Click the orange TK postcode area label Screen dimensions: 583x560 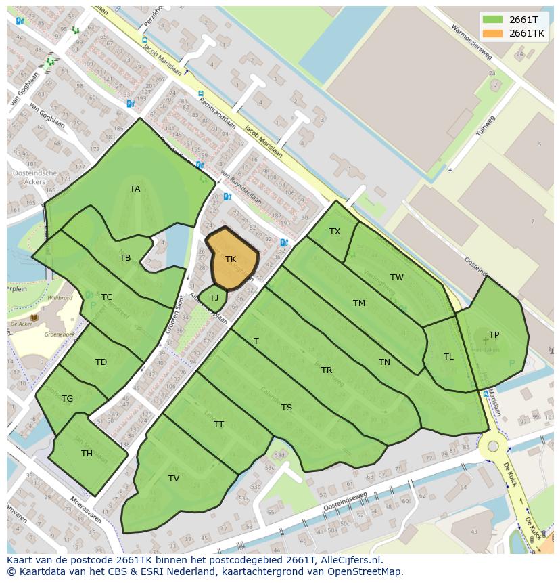tap(231, 259)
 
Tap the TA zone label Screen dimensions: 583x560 tap(135, 189)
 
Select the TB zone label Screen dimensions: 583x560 tap(125, 258)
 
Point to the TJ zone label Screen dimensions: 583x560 tap(214, 297)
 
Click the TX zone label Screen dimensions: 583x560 tap(335, 232)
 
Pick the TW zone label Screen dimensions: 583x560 tap(397, 278)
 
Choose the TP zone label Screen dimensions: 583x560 tap(494, 335)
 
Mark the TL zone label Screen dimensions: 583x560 tap(448, 357)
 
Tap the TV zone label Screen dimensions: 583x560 tap(174, 479)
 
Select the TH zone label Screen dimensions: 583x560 tap(87, 454)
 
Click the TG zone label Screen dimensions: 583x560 tap(67, 399)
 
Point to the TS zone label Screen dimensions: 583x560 tap(287, 408)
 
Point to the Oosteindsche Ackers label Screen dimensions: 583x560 tap(34, 177)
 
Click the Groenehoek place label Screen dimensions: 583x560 tap(58, 334)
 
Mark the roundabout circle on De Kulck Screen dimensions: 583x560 tap(493, 446)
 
